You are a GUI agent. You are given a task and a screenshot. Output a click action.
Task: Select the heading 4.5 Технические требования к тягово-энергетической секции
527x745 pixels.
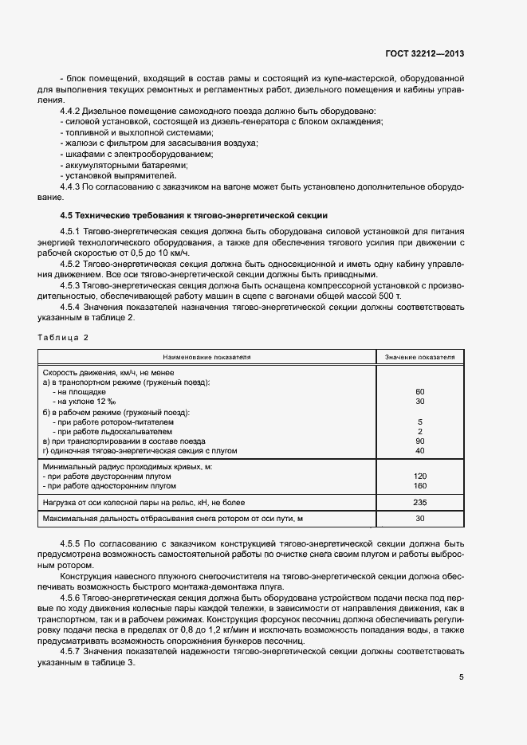(x=194, y=216)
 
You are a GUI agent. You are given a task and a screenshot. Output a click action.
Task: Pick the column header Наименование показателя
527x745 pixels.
(x=206, y=358)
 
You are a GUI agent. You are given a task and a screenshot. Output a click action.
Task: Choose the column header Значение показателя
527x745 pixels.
(x=419, y=358)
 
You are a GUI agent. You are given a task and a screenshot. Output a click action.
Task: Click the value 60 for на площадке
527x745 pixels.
(x=419, y=392)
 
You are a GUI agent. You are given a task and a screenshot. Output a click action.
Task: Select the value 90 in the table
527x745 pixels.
(x=419, y=441)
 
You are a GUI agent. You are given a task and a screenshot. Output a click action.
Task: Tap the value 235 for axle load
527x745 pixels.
(x=419, y=503)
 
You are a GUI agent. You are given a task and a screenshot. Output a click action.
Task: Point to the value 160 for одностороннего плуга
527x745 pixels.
(x=419, y=485)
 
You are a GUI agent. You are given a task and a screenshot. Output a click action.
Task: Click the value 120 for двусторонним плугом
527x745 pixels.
(x=419, y=475)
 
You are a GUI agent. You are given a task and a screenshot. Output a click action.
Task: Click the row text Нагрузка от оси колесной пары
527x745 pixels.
(x=132, y=503)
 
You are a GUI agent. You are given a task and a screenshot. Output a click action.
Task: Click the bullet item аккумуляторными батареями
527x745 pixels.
(x=126, y=165)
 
